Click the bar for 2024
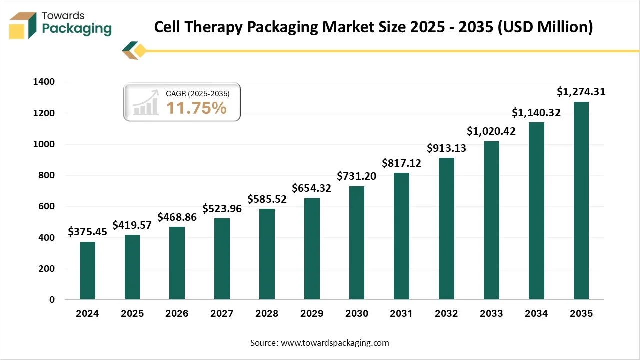[x=87, y=271]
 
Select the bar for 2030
[x=357, y=243]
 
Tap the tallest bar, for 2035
[x=581, y=201]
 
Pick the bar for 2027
[x=222, y=259]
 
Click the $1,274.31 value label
[x=581, y=92]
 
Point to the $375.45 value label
[x=88, y=232]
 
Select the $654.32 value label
[x=312, y=189]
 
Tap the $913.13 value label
[x=446, y=148]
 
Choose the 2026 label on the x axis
[x=177, y=314]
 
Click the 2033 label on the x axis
[x=491, y=314]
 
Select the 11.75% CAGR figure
[x=196, y=108]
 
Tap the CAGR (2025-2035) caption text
[x=197, y=93]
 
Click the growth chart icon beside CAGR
[x=145, y=103]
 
